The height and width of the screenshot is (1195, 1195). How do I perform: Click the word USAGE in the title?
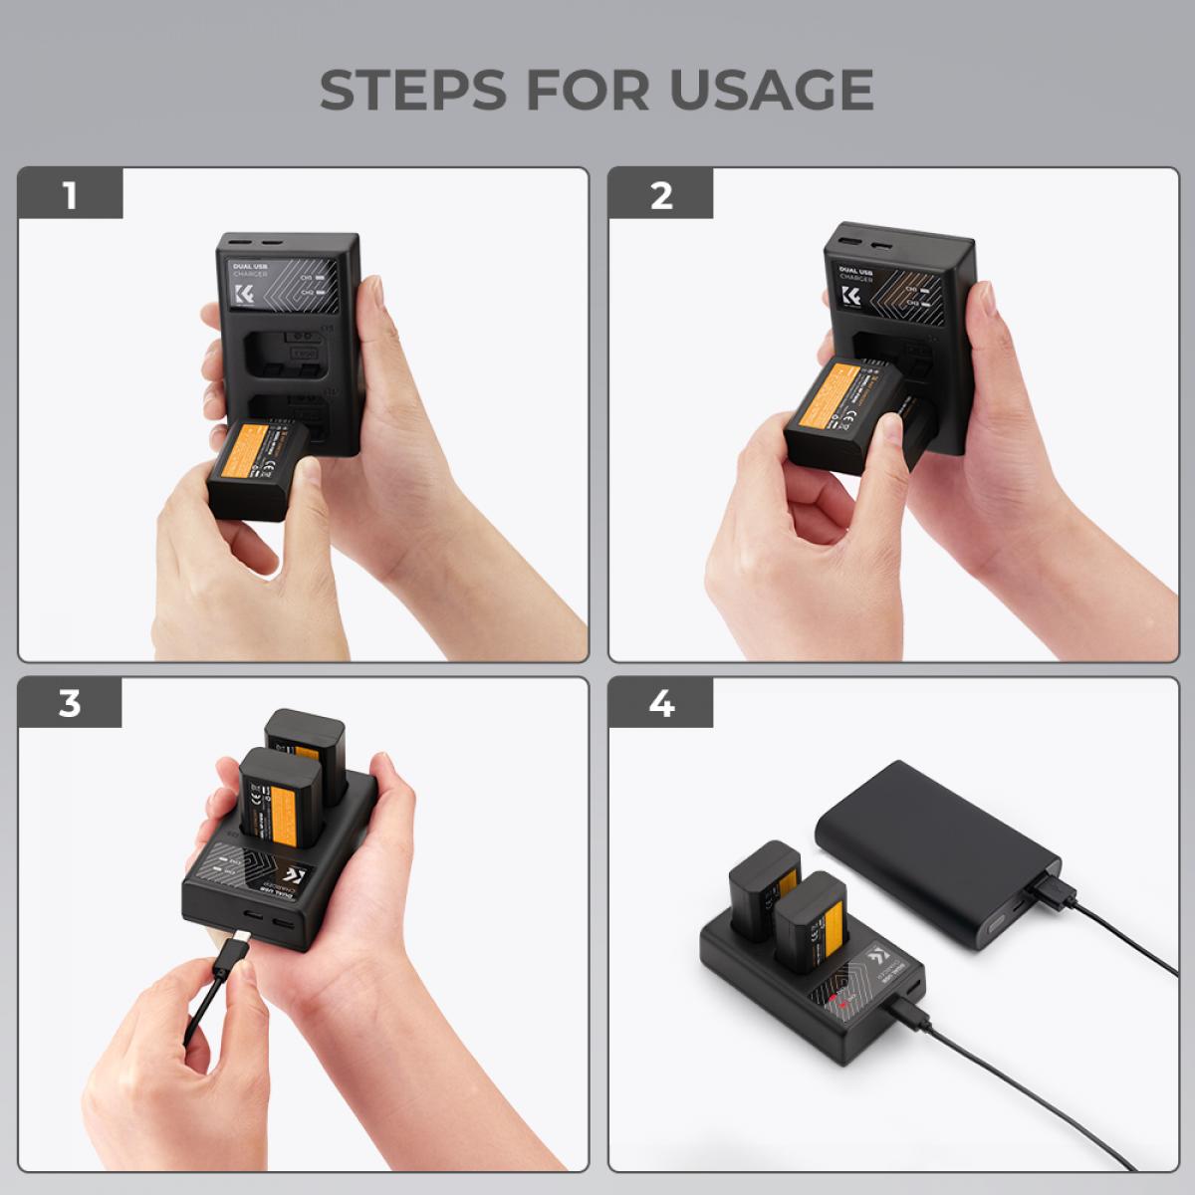coord(771,90)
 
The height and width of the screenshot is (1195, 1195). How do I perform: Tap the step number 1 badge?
coord(70,195)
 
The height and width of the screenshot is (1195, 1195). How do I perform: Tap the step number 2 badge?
coord(661,195)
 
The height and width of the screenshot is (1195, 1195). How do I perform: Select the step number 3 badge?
coord(70,703)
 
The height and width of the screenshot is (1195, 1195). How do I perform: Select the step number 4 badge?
coord(661,703)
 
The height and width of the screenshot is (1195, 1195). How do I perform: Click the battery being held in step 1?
coord(257,468)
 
